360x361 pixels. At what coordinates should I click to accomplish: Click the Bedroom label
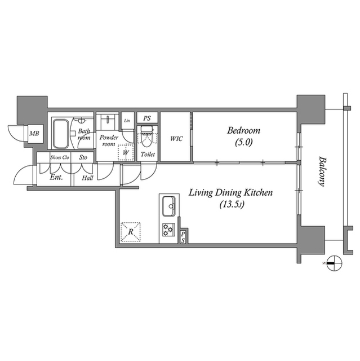coord(244,131)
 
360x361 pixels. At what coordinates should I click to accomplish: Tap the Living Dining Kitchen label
coord(230,193)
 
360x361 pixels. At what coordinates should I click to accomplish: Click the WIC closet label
coord(176,139)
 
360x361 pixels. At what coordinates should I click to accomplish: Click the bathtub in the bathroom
coord(61,134)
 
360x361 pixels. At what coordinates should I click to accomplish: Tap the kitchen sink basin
coord(169,206)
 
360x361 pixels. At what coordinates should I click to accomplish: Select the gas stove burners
coord(168,230)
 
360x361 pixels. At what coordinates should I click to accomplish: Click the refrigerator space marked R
coord(131,232)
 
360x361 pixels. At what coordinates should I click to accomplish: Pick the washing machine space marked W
coord(126,152)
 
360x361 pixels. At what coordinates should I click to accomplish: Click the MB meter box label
coord(34,133)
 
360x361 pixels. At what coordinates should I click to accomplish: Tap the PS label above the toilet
coord(147,118)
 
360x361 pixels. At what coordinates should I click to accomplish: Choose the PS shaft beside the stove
coord(183,237)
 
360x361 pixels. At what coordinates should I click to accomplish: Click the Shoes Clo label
coord(60,157)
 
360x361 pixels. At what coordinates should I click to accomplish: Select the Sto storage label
coord(83,157)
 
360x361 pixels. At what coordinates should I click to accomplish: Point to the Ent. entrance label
coord(56,178)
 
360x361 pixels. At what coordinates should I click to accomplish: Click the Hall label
coord(87,178)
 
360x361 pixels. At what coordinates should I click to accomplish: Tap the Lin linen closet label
coord(127,121)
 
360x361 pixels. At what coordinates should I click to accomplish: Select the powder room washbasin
coord(108,120)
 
